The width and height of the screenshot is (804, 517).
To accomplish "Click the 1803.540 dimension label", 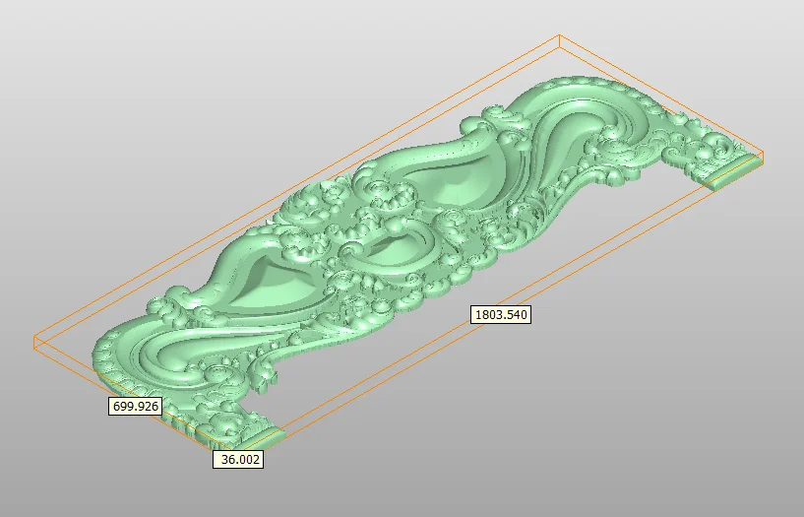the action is [x=501, y=314].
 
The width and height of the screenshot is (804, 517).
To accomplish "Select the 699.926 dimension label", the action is [x=136, y=406].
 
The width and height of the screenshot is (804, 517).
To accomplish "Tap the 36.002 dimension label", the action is [x=238, y=459].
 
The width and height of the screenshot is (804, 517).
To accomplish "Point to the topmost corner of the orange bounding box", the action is [x=559, y=35].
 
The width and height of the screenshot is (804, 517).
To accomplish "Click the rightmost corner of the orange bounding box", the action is [x=763, y=153].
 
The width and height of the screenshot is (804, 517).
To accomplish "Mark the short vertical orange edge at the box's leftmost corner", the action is [x=34, y=343].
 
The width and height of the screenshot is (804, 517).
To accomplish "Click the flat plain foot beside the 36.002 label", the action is [x=263, y=437].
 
